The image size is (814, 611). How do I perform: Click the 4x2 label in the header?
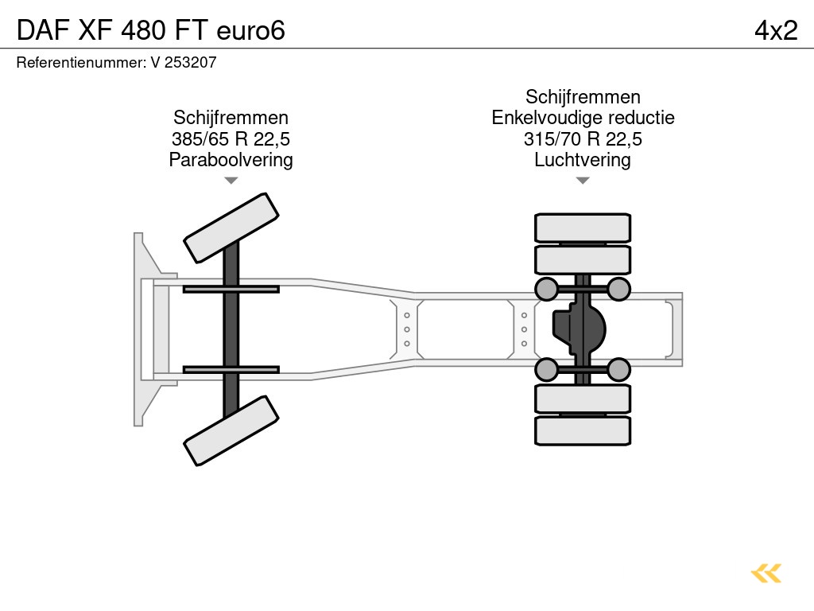776,30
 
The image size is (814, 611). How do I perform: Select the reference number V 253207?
184,62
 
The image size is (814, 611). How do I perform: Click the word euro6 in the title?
250,31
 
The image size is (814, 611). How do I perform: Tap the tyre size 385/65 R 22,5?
231,138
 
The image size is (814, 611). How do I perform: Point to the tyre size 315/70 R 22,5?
583,138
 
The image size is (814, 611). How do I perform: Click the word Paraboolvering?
231,159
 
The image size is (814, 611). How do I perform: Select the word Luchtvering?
583,159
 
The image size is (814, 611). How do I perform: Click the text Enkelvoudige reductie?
583,118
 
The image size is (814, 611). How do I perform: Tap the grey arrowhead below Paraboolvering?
231,181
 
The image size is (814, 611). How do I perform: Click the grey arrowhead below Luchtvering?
583,181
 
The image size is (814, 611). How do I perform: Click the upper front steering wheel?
231,228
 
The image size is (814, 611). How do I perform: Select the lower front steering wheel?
231,430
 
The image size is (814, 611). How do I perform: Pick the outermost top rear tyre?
583,228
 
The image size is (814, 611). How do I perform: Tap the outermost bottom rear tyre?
583,430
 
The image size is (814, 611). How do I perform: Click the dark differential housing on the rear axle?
579,329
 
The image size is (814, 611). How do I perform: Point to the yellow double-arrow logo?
766,574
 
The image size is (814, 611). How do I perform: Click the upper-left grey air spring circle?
546,289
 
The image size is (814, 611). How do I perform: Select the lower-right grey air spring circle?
618,370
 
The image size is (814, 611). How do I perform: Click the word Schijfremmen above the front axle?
231,118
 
